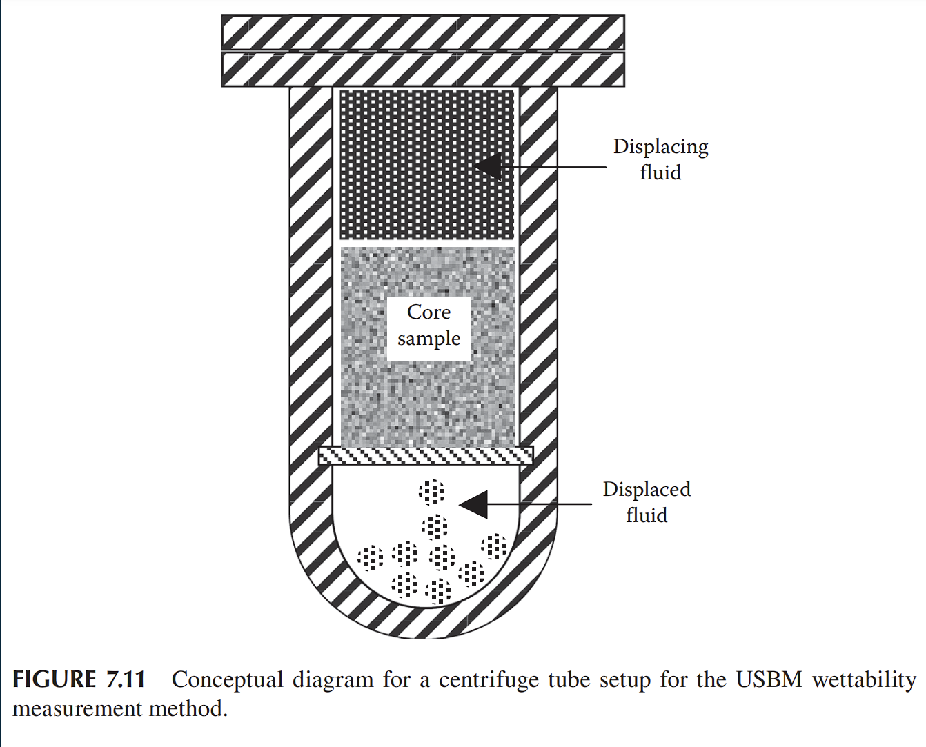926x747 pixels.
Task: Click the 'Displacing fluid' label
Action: [660, 159]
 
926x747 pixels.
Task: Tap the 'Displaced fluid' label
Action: [647, 502]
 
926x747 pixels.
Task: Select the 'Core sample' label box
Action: [428, 326]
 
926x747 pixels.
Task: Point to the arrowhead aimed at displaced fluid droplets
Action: [474, 505]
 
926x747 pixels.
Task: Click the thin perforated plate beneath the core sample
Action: [426, 455]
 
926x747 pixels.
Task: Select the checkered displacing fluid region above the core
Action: [428, 166]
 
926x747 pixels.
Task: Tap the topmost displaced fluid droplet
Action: [432, 492]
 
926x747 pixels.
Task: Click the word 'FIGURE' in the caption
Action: [55, 680]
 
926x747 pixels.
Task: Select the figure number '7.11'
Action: [126, 680]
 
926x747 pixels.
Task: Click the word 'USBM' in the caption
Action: [769, 680]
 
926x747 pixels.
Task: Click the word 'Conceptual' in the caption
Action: [227, 681]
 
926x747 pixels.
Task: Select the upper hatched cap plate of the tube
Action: [423, 32]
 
